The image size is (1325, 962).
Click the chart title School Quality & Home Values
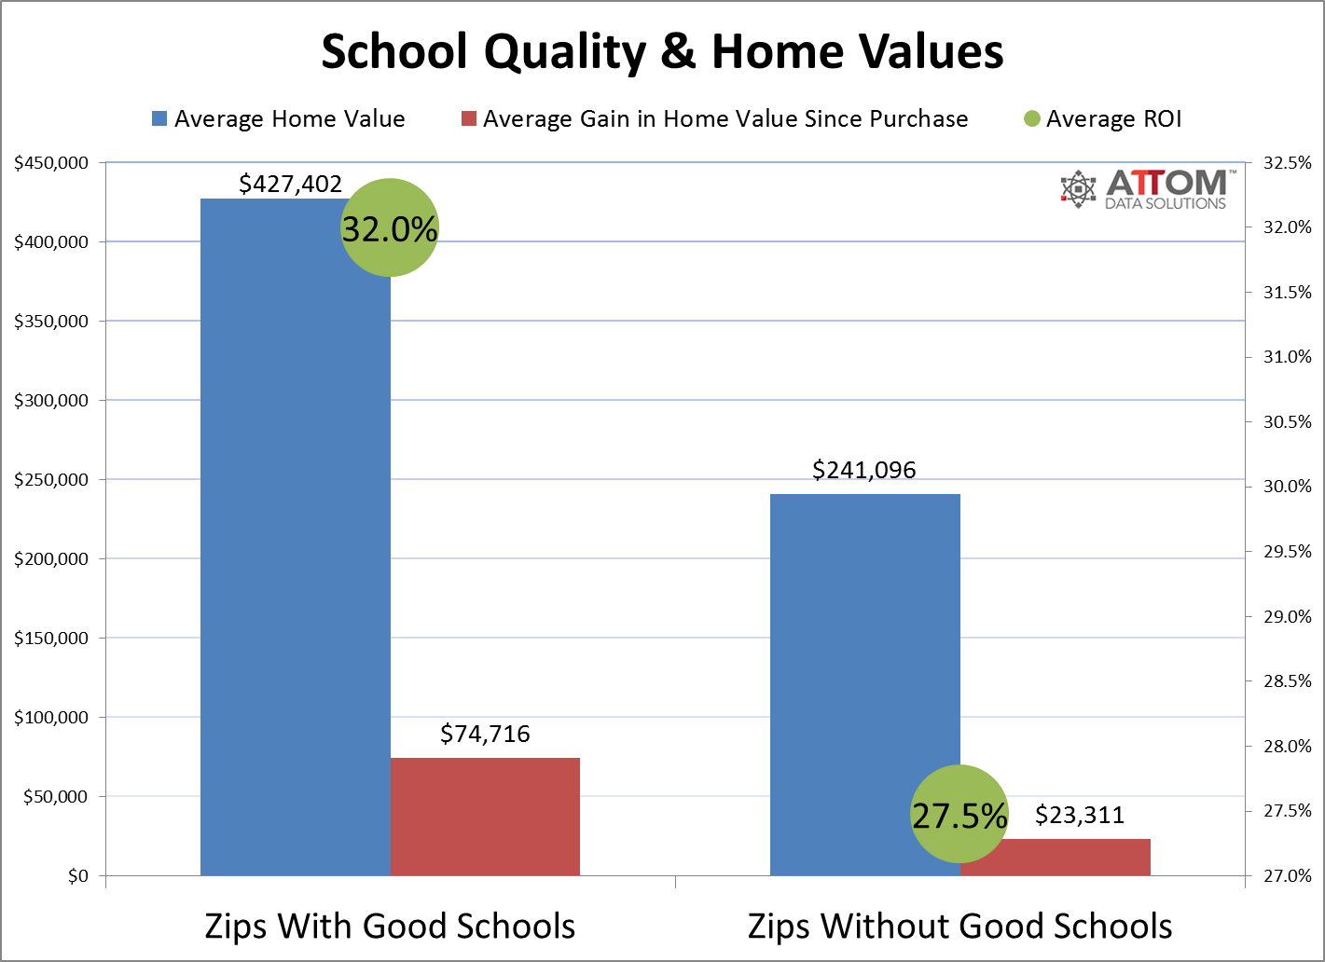click(x=662, y=52)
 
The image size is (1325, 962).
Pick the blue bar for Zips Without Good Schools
click(x=864, y=671)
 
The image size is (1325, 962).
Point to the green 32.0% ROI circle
click(x=390, y=227)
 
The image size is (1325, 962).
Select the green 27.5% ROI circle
click(x=959, y=815)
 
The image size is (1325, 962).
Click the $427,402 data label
click(x=291, y=184)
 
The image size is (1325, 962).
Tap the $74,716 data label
click(x=485, y=735)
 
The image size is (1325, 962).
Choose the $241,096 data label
click(x=864, y=470)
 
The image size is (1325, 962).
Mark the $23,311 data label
click(x=1080, y=816)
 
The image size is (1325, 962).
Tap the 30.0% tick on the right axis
click(x=1287, y=487)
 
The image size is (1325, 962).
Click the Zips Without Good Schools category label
click(x=959, y=926)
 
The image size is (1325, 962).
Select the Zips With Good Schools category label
click(x=390, y=926)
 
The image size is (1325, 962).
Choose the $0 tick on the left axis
click(x=77, y=876)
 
